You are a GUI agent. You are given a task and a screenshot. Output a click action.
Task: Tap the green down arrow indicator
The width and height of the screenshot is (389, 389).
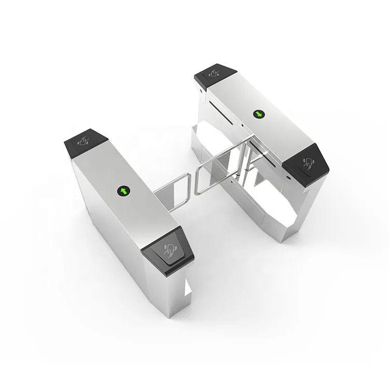point(257,114)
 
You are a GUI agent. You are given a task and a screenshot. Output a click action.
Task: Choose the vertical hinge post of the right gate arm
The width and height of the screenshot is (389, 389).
point(244,166)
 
